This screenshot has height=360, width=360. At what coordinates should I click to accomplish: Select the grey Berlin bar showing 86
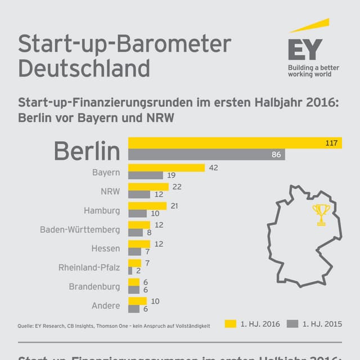tap(206, 155)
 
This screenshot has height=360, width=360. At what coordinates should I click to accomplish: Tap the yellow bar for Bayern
tap(166, 168)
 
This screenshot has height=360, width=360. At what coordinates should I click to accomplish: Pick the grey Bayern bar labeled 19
tap(146, 175)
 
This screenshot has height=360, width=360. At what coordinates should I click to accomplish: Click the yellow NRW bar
tap(148, 187)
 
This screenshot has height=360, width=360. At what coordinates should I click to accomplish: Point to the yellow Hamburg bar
tap(148, 206)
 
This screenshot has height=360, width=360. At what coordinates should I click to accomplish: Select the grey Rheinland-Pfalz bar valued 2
tap(130, 271)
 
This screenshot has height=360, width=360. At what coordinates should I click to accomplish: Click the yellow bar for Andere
tap(138, 301)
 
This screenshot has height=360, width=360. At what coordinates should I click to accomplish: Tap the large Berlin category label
tap(87, 151)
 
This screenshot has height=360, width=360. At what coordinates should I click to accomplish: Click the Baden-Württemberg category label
tap(80, 229)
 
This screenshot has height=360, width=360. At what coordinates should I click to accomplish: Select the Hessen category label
tap(106, 248)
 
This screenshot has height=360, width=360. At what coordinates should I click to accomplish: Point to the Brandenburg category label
tap(94, 286)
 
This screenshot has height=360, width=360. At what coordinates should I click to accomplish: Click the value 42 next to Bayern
tap(213, 168)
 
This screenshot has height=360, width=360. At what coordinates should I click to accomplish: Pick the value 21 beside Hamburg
tap(174, 206)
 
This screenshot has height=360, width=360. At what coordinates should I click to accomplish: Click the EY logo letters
tap(305, 49)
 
